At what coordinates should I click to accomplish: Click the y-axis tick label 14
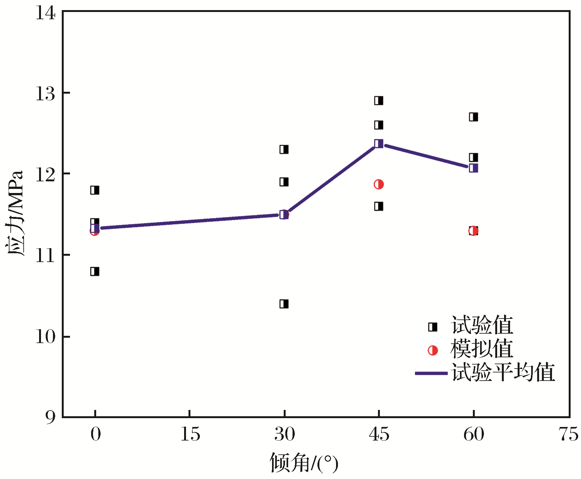click(x=45, y=13)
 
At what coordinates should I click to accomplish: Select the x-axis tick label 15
click(x=190, y=434)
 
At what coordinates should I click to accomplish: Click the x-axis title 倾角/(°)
click(x=304, y=463)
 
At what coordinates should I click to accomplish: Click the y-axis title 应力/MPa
click(x=15, y=213)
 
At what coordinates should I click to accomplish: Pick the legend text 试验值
click(x=482, y=325)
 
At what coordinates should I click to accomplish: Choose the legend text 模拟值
click(x=482, y=349)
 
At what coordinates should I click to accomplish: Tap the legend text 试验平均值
click(x=503, y=372)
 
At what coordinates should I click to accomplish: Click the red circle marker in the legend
click(x=433, y=350)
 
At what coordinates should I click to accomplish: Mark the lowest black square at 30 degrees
click(x=284, y=304)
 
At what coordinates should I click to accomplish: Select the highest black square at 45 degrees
click(x=379, y=101)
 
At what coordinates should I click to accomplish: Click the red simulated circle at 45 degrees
click(x=379, y=184)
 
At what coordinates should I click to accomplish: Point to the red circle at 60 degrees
click(x=473, y=231)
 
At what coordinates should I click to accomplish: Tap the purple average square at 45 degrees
click(x=379, y=143)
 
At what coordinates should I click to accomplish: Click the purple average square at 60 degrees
click(x=473, y=168)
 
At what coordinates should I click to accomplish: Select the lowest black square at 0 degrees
click(x=95, y=271)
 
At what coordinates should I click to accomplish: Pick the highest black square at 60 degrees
click(x=473, y=117)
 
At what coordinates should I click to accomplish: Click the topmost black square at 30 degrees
click(x=284, y=149)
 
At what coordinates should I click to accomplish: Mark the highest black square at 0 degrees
click(x=95, y=190)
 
